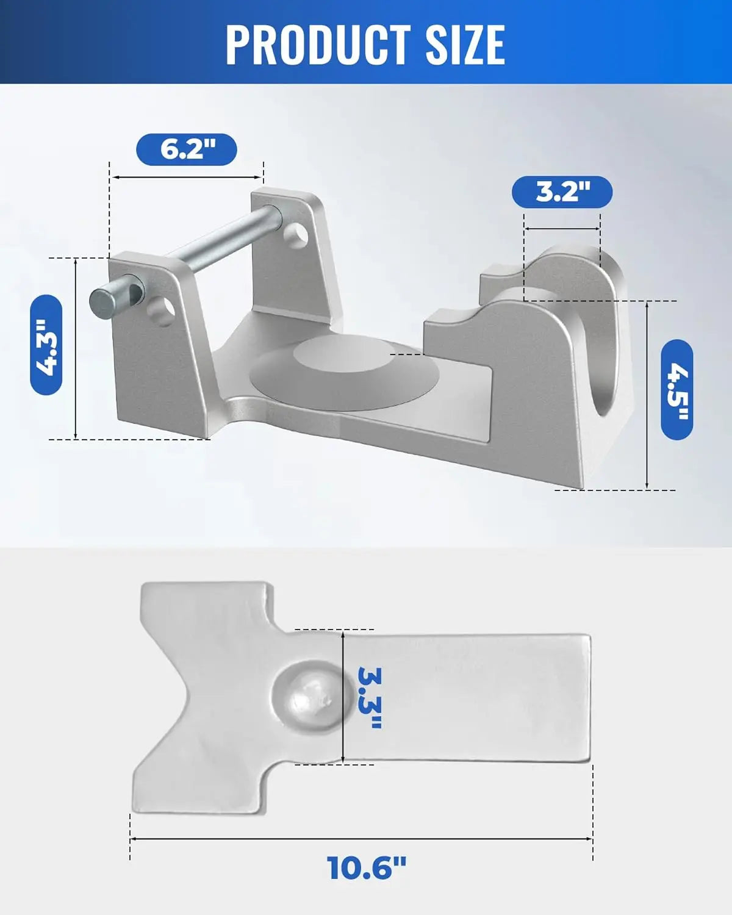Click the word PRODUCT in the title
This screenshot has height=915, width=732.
click(x=318, y=44)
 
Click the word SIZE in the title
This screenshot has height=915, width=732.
click(x=465, y=44)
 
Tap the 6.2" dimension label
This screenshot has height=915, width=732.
click(x=186, y=149)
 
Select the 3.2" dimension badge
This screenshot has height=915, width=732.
click(x=562, y=192)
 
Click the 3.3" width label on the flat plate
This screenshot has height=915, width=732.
click(x=368, y=697)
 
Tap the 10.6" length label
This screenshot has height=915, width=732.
click(x=366, y=867)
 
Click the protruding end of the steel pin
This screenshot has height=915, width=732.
click(x=102, y=298)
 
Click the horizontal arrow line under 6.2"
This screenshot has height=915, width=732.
click(x=186, y=178)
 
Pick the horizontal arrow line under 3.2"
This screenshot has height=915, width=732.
click(x=562, y=229)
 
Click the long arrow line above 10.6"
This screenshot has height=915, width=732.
click(x=361, y=839)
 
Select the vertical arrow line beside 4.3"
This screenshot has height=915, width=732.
click(x=76, y=348)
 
